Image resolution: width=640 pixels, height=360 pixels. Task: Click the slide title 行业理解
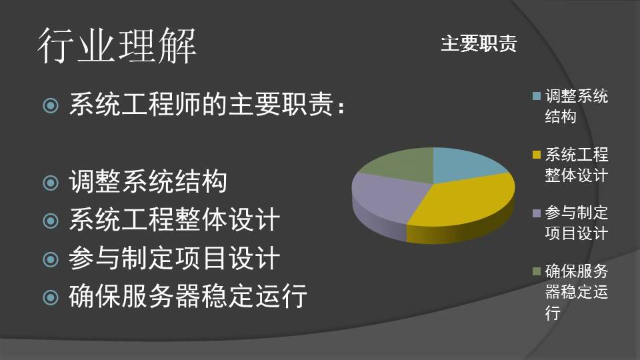click(117, 46)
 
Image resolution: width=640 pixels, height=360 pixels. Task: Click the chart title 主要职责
click(479, 43)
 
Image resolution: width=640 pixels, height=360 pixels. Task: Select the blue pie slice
click(465, 165)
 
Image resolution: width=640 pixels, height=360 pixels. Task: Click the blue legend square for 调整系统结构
click(537, 96)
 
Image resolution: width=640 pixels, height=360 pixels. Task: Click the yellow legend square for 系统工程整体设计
click(537, 155)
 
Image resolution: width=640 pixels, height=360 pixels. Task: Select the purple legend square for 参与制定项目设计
click(537, 213)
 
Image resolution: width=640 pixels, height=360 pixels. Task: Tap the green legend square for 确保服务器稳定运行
click(537, 271)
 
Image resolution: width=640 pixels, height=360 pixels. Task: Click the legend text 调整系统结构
click(576, 107)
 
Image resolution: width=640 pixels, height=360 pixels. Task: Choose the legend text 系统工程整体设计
click(576, 165)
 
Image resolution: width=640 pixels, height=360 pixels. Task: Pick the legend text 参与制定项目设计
click(576, 223)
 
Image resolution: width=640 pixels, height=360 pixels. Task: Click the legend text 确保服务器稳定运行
click(576, 292)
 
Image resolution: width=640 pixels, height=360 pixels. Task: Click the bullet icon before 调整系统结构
click(51, 183)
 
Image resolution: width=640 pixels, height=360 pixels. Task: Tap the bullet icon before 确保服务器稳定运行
click(51, 297)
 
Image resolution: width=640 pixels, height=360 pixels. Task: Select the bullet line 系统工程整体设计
click(174, 219)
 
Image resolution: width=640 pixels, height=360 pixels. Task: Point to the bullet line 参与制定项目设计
click(174, 258)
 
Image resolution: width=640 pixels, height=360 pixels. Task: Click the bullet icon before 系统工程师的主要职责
click(51, 106)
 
